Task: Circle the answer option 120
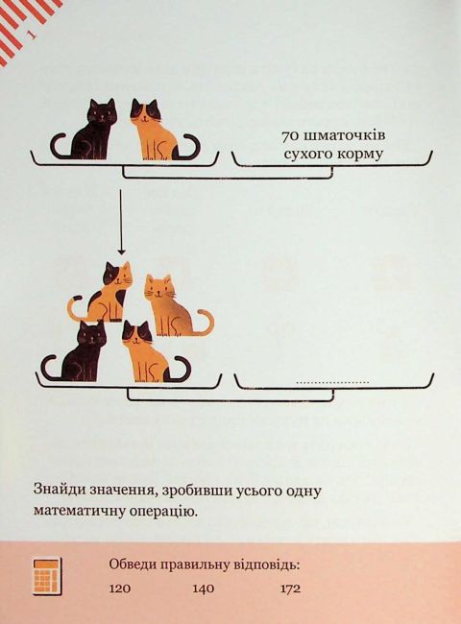(x=119, y=588)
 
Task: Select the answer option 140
(x=204, y=588)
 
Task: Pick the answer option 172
(x=290, y=588)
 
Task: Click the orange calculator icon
(x=47, y=576)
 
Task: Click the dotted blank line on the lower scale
(x=333, y=383)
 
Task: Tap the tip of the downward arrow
(x=121, y=253)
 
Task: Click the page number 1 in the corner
(x=32, y=35)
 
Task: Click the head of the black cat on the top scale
(x=102, y=111)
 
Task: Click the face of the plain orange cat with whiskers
(x=158, y=290)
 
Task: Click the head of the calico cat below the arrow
(x=117, y=276)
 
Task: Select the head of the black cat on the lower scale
(x=93, y=335)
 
